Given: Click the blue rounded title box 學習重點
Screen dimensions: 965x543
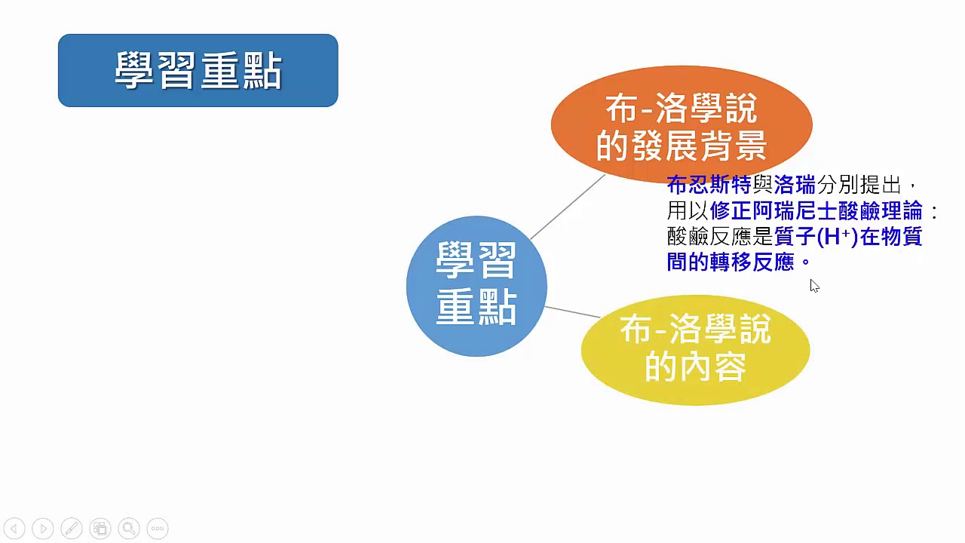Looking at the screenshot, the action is [198, 70].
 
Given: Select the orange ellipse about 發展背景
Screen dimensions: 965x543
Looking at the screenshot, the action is [682, 124].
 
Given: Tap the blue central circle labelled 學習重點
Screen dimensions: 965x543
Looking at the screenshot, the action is [476, 286].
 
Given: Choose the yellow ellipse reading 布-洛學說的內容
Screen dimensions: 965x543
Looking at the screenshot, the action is [695, 350].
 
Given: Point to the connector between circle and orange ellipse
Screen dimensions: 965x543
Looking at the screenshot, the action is [568, 207].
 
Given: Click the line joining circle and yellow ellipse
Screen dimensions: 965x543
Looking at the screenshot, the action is [572, 312].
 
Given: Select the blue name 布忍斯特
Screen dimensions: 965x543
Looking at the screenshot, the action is [709, 186].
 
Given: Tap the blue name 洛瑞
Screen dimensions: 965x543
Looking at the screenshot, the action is [795, 186].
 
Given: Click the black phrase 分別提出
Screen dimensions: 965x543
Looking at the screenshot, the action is [859, 186].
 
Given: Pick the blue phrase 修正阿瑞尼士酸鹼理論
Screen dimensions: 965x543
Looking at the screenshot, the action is [816, 211].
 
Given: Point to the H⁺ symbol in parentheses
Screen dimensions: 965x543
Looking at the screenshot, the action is [838, 237].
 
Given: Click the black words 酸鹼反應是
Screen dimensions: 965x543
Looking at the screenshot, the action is [720, 237].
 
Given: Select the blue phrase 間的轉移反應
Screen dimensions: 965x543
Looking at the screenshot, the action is [731, 262].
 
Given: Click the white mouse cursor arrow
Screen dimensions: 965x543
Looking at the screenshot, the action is [814, 286].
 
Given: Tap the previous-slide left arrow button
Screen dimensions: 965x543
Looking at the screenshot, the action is [14, 529].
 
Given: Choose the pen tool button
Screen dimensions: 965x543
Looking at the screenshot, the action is [72, 529].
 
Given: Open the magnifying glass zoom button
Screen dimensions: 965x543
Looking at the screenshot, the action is [129, 529].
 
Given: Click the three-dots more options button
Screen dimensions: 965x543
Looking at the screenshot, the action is [158, 529].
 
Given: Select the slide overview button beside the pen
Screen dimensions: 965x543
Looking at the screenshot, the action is [100, 529].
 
